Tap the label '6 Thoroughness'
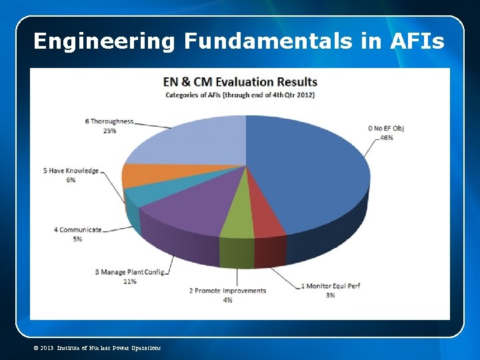point(109,121)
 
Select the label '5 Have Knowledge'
point(71,171)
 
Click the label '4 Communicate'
point(78,229)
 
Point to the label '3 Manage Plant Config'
point(129,272)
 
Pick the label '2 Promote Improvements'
point(227,291)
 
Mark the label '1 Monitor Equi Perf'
point(331,286)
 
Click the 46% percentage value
point(387,138)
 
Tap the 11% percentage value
point(129,281)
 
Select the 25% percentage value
point(109,131)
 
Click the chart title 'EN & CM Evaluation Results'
point(240,82)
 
